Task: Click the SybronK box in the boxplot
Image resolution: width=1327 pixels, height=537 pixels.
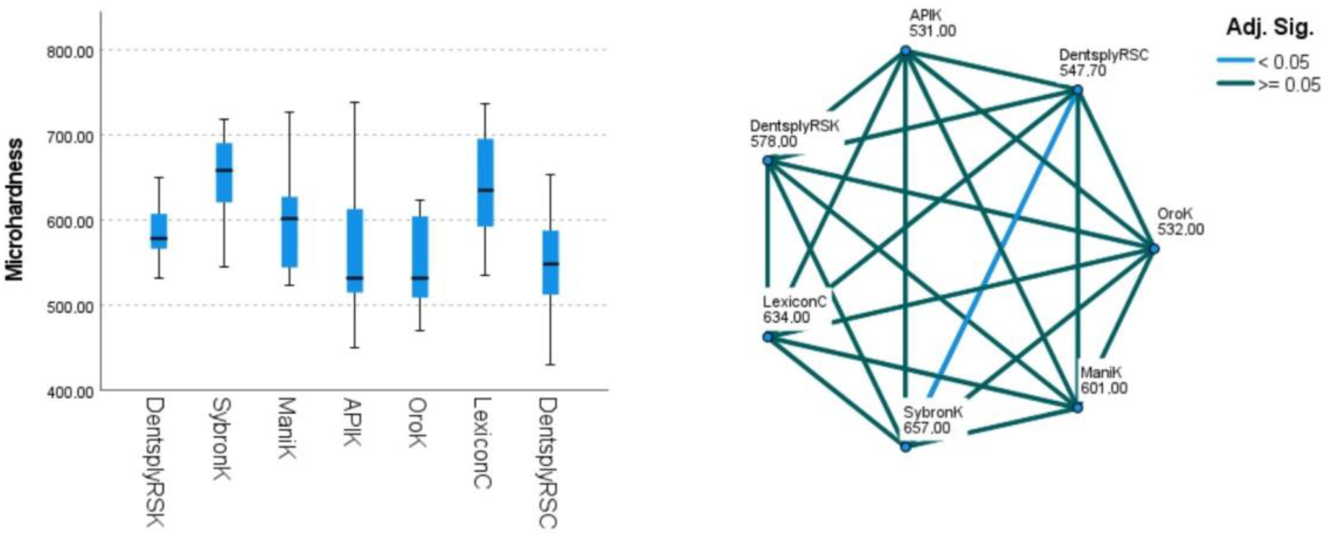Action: click(x=224, y=173)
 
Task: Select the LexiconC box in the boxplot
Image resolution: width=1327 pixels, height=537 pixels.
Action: click(x=485, y=182)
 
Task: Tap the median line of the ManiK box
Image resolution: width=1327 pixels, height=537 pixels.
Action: click(x=289, y=218)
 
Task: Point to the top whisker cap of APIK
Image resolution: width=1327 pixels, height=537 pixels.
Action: click(x=355, y=102)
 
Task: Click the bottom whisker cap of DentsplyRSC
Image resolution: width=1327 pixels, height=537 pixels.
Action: click(x=550, y=365)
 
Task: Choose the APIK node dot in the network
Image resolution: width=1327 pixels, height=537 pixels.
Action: click(x=906, y=51)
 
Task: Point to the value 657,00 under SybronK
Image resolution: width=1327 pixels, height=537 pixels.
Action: click(x=927, y=428)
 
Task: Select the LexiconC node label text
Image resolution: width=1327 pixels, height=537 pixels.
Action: click(x=794, y=302)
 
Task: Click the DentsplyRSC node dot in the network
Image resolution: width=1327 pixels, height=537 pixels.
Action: click(x=1077, y=91)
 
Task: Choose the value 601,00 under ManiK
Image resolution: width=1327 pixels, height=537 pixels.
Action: click(x=1104, y=388)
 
